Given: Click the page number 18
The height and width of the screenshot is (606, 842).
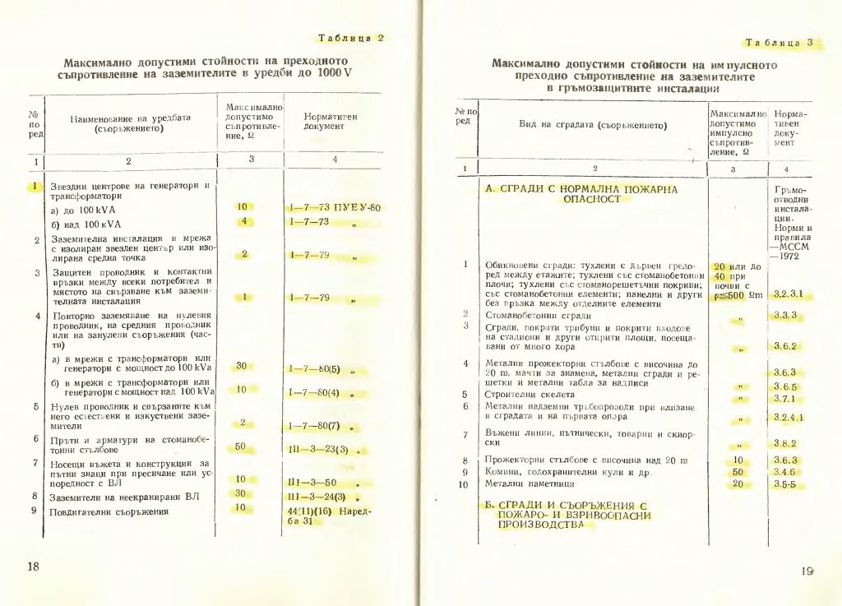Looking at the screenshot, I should tap(34, 567).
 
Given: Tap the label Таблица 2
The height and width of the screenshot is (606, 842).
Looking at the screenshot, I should tap(350, 38).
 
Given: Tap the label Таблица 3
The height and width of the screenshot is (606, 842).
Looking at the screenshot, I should tap(780, 42).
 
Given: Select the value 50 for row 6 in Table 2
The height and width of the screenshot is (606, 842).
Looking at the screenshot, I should tap(241, 446).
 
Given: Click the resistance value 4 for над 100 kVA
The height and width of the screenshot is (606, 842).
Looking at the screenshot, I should tap(243, 221).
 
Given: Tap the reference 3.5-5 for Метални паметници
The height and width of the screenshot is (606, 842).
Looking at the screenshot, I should tap(786, 485).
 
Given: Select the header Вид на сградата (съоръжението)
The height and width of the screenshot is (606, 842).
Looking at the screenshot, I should tap(592, 125).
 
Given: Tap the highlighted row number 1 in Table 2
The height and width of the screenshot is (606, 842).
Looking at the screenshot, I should tap(35, 187).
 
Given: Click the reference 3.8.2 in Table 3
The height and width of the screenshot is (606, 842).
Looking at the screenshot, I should tap(788, 444).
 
